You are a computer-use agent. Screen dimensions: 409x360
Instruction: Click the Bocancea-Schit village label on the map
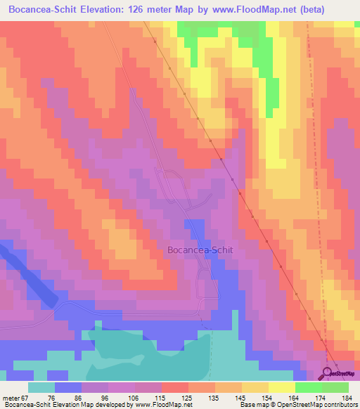pyautogui.click(x=200, y=249)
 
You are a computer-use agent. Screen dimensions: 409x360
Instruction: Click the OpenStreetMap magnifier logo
pyautogui.click(x=328, y=373)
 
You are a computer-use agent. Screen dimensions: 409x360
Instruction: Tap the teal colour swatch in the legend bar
pyautogui.click(x=41, y=387)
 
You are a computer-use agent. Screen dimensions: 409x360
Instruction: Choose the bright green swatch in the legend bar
pyautogui.click(x=309, y=387)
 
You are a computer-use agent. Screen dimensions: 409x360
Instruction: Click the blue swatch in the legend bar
pyautogui.click(x=68, y=387)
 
